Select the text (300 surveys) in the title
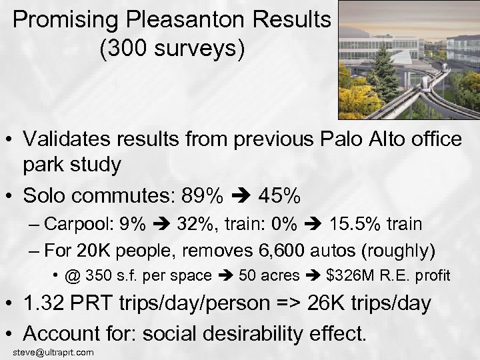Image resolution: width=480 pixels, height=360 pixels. tap(171, 49)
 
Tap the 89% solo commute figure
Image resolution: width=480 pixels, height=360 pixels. tap(205, 196)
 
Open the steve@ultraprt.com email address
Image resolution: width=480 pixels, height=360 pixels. tap(53, 352)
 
